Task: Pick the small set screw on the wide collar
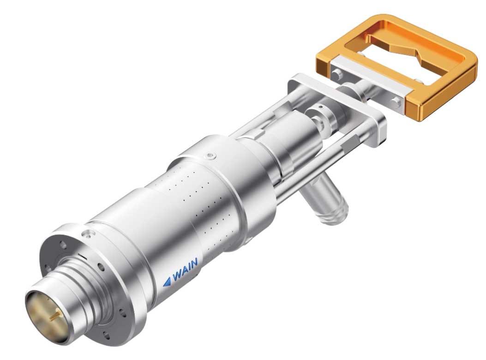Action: [x=210, y=156]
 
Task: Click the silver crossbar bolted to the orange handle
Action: [x=368, y=78]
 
